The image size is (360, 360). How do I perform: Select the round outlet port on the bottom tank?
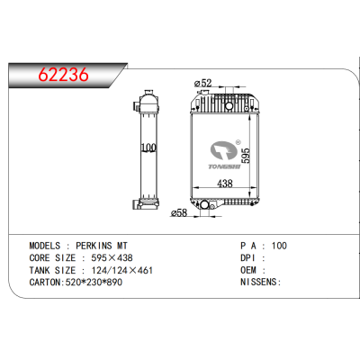click(x=204, y=209)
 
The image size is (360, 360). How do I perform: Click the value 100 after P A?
click(x=281, y=244)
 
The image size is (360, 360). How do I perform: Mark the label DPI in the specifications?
click(x=248, y=256)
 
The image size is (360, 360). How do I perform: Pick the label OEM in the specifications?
click(x=248, y=269)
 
